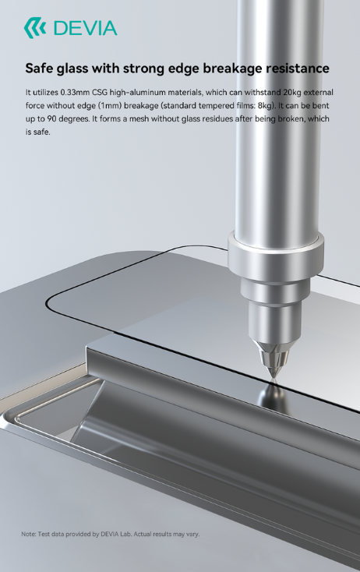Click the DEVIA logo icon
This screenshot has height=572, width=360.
[35, 28]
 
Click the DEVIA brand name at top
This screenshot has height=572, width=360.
[86, 28]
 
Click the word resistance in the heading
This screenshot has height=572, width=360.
[297, 69]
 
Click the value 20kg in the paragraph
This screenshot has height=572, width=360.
[292, 92]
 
